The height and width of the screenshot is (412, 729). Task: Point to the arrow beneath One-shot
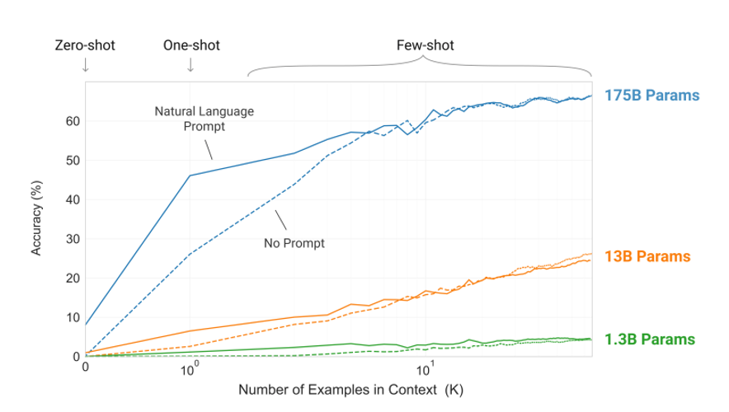coord(191,66)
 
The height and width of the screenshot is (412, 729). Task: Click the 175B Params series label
coord(651,96)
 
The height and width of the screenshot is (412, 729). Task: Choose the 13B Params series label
coord(647,256)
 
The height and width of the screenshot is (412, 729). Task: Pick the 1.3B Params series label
coord(649,339)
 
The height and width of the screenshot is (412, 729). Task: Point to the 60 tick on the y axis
coord(72,121)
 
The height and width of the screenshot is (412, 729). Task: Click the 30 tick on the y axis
coord(72,239)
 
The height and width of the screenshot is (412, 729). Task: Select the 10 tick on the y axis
coord(72,317)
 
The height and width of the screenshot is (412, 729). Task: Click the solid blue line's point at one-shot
coord(190,176)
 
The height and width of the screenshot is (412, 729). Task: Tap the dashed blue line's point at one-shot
coord(190,254)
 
